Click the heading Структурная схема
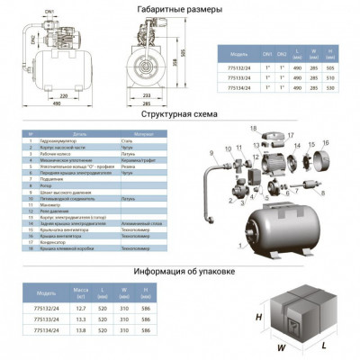[x=180, y=115]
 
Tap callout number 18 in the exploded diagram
[x=255, y=131]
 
